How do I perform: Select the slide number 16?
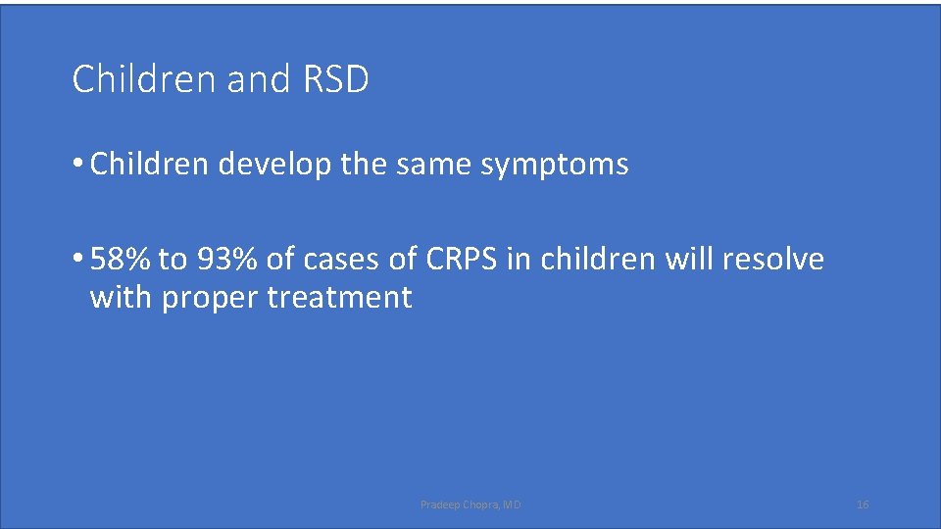(863, 505)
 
